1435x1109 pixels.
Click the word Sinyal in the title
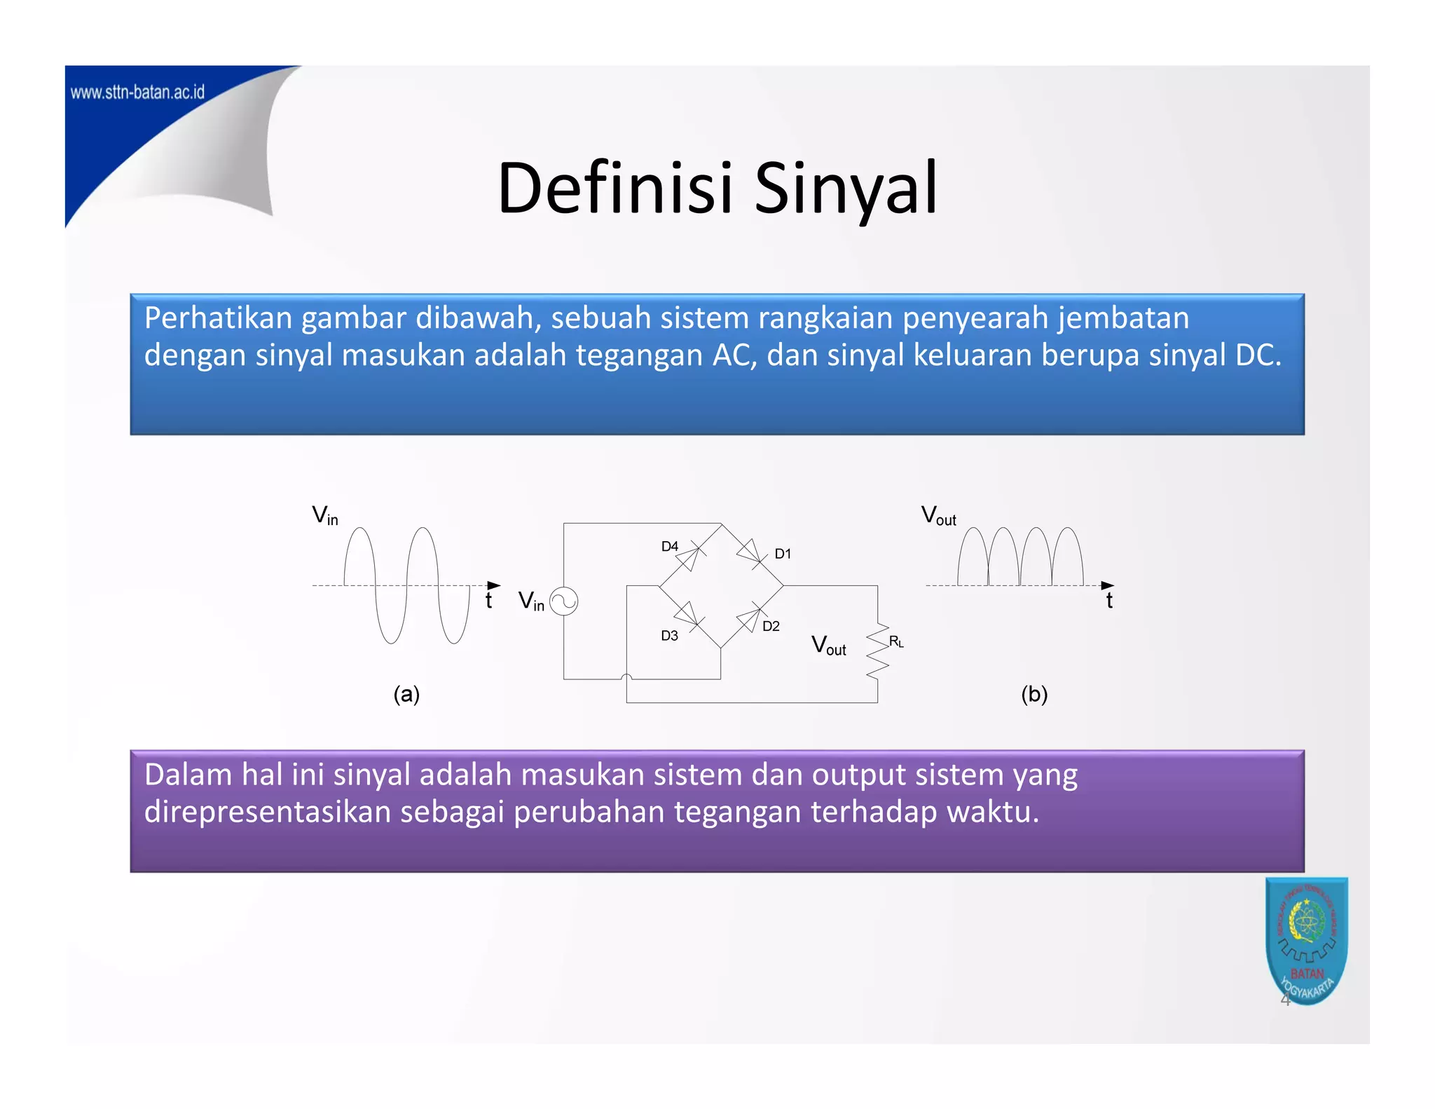click(846, 188)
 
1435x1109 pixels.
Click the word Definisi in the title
click(615, 188)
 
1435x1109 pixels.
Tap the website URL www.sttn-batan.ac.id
click(137, 93)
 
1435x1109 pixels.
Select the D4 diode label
click(670, 546)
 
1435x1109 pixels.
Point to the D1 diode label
click(783, 554)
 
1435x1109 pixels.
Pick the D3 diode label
click(669, 636)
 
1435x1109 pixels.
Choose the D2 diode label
click(771, 626)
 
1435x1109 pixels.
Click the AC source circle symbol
click(563, 601)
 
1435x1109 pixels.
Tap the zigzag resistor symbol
click(877, 651)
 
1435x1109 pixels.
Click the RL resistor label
click(896, 641)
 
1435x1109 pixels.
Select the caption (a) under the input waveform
click(406, 694)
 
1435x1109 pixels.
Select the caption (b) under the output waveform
click(1034, 694)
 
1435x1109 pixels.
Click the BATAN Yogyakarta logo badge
click(1306, 939)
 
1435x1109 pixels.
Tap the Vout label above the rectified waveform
click(938, 516)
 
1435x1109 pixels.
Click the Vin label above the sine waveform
click(325, 516)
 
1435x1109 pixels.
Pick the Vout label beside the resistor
click(828, 646)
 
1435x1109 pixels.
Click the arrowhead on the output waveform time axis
click(1107, 585)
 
